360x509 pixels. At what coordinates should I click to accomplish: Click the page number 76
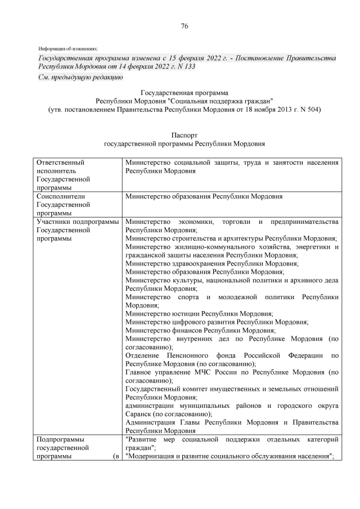pyautogui.click(x=184, y=26)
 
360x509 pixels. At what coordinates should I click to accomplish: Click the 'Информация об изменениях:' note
pyautogui.click(x=68, y=48)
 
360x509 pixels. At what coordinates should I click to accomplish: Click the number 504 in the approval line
pyautogui.click(x=312, y=109)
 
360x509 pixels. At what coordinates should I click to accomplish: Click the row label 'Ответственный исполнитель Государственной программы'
pyautogui.click(x=63, y=175)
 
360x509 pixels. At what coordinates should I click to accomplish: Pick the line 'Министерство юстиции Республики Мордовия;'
pyautogui.click(x=199, y=313)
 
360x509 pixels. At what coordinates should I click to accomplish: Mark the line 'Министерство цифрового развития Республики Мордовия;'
pyautogui.click(x=217, y=322)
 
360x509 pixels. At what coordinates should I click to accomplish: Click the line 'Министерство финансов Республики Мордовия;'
pyautogui.click(x=200, y=330)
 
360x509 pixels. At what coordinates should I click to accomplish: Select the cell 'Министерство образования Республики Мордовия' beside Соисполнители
pyautogui.click(x=204, y=196)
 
